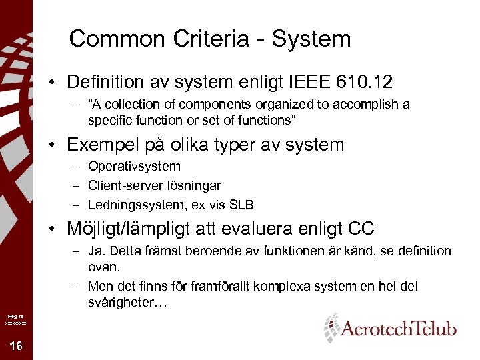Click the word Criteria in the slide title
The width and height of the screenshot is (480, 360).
tap(202, 39)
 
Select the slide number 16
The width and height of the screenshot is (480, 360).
tap(15, 345)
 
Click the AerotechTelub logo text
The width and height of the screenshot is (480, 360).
tap(399, 329)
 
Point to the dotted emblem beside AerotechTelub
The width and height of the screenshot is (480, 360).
tap(331, 327)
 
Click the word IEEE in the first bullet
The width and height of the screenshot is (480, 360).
tap(309, 82)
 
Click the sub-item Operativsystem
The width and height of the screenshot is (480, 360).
tap(134, 166)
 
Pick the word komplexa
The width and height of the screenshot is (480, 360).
tap(287, 287)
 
